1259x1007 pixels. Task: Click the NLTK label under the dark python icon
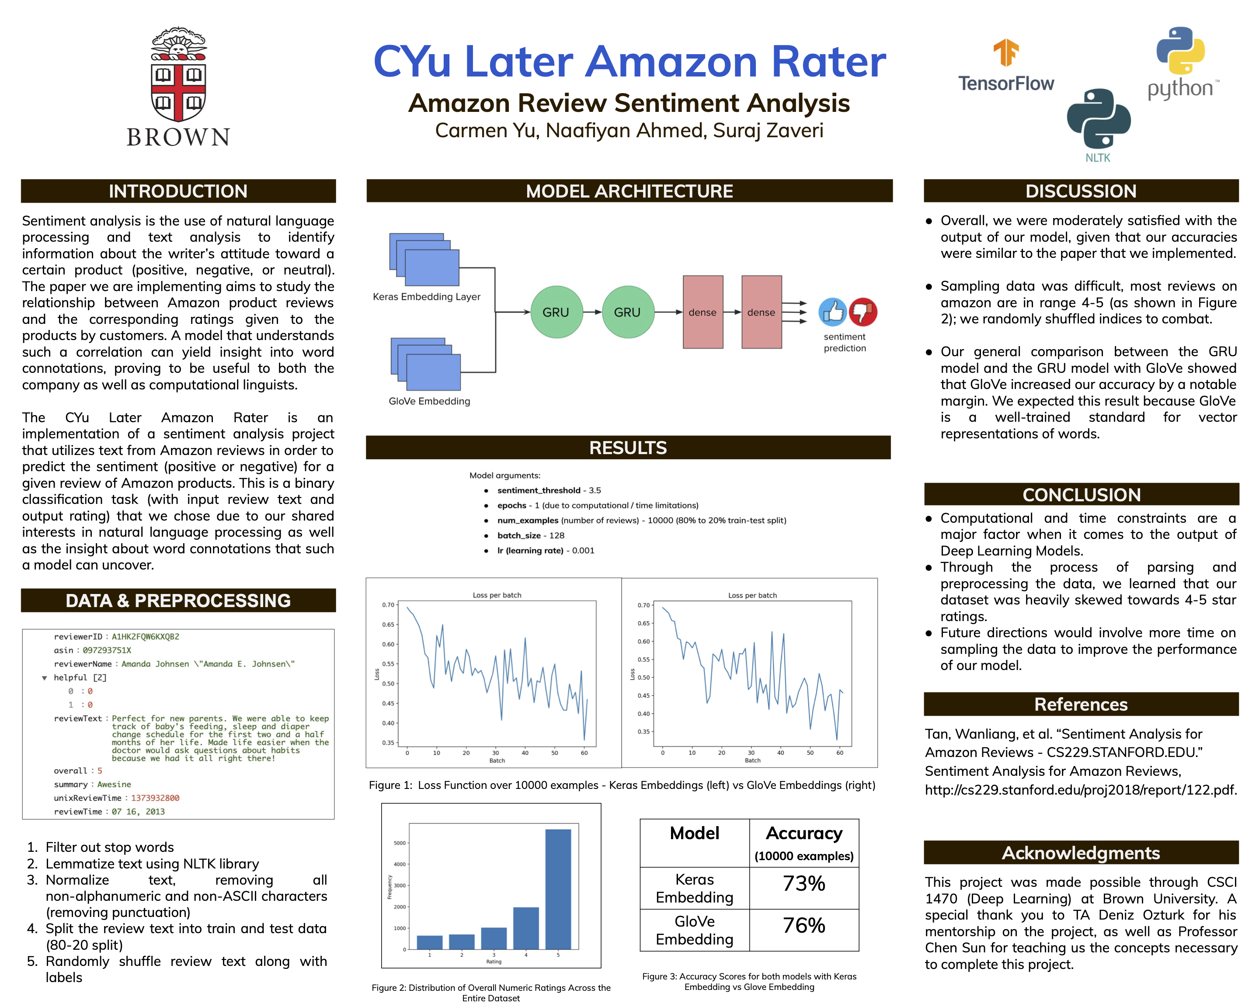(x=1097, y=158)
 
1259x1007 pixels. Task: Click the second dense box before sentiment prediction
(x=761, y=313)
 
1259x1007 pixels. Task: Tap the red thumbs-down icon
(x=863, y=311)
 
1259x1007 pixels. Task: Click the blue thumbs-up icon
(x=832, y=312)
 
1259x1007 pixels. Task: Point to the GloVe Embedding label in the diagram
(x=429, y=401)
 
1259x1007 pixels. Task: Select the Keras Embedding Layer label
(x=426, y=297)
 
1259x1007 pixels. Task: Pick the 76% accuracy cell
(x=803, y=926)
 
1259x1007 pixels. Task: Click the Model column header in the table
(x=694, y=833)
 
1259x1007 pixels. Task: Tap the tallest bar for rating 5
(x=558, y=889)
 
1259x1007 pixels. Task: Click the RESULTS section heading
(x=628, y=448)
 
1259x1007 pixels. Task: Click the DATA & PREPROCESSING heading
(x=178, y=601)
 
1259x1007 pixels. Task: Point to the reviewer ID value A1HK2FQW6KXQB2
(x=146, y=637)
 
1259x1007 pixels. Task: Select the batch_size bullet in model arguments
(x=530, y=535)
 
